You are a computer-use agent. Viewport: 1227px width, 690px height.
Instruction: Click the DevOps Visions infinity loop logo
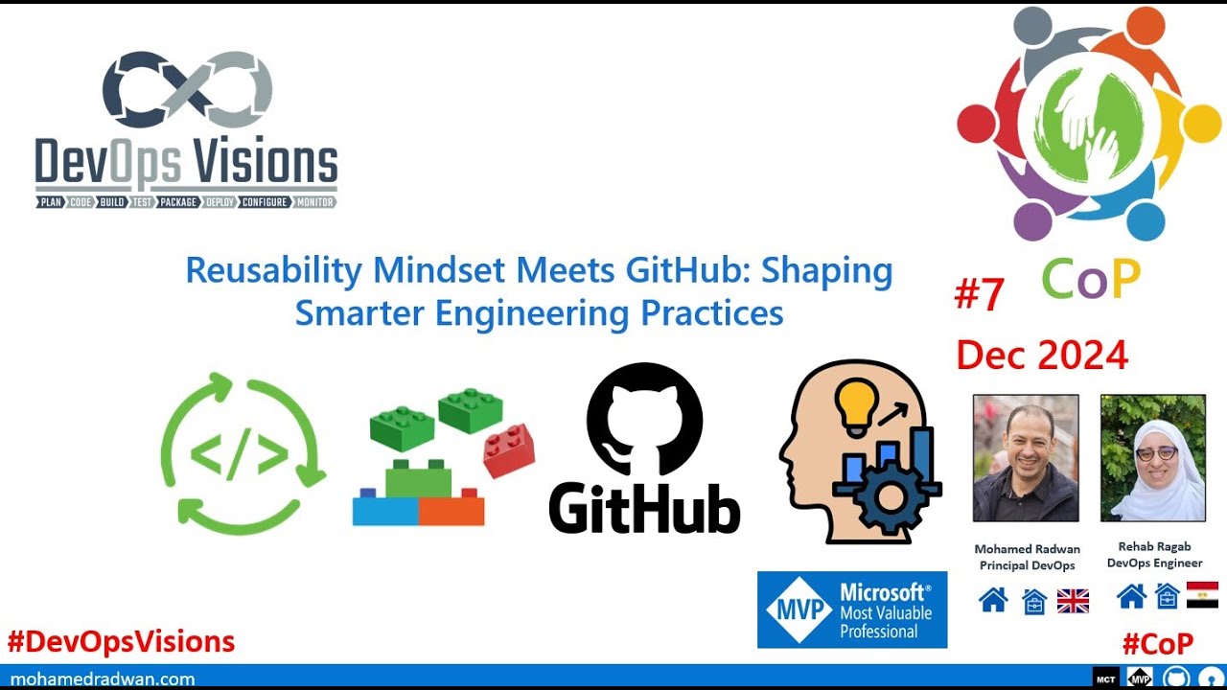[188, 91]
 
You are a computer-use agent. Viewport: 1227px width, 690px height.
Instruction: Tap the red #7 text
[979, 296]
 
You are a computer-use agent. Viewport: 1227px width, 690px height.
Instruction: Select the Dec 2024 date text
[1042, 356]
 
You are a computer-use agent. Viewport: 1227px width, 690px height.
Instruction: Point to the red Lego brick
[508, 449]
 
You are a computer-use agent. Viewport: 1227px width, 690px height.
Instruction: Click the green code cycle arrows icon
[242, 453]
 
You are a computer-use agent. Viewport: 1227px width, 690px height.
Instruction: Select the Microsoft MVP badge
[851, 609]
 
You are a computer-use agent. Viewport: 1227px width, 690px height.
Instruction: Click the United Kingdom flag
[1073, 601]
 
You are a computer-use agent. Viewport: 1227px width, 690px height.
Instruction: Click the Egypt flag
[1202, 595]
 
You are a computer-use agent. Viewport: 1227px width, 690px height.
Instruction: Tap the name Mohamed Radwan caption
[1027, 549]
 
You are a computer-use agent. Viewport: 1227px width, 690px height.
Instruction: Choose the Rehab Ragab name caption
[1154, 546]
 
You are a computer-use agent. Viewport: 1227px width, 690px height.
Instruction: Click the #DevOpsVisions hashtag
[121, 641]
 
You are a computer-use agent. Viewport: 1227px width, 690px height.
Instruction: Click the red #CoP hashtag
[1157, 643]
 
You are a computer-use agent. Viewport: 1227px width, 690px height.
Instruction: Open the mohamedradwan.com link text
[103, 678]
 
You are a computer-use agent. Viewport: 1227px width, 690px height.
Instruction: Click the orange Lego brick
[451, 509]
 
